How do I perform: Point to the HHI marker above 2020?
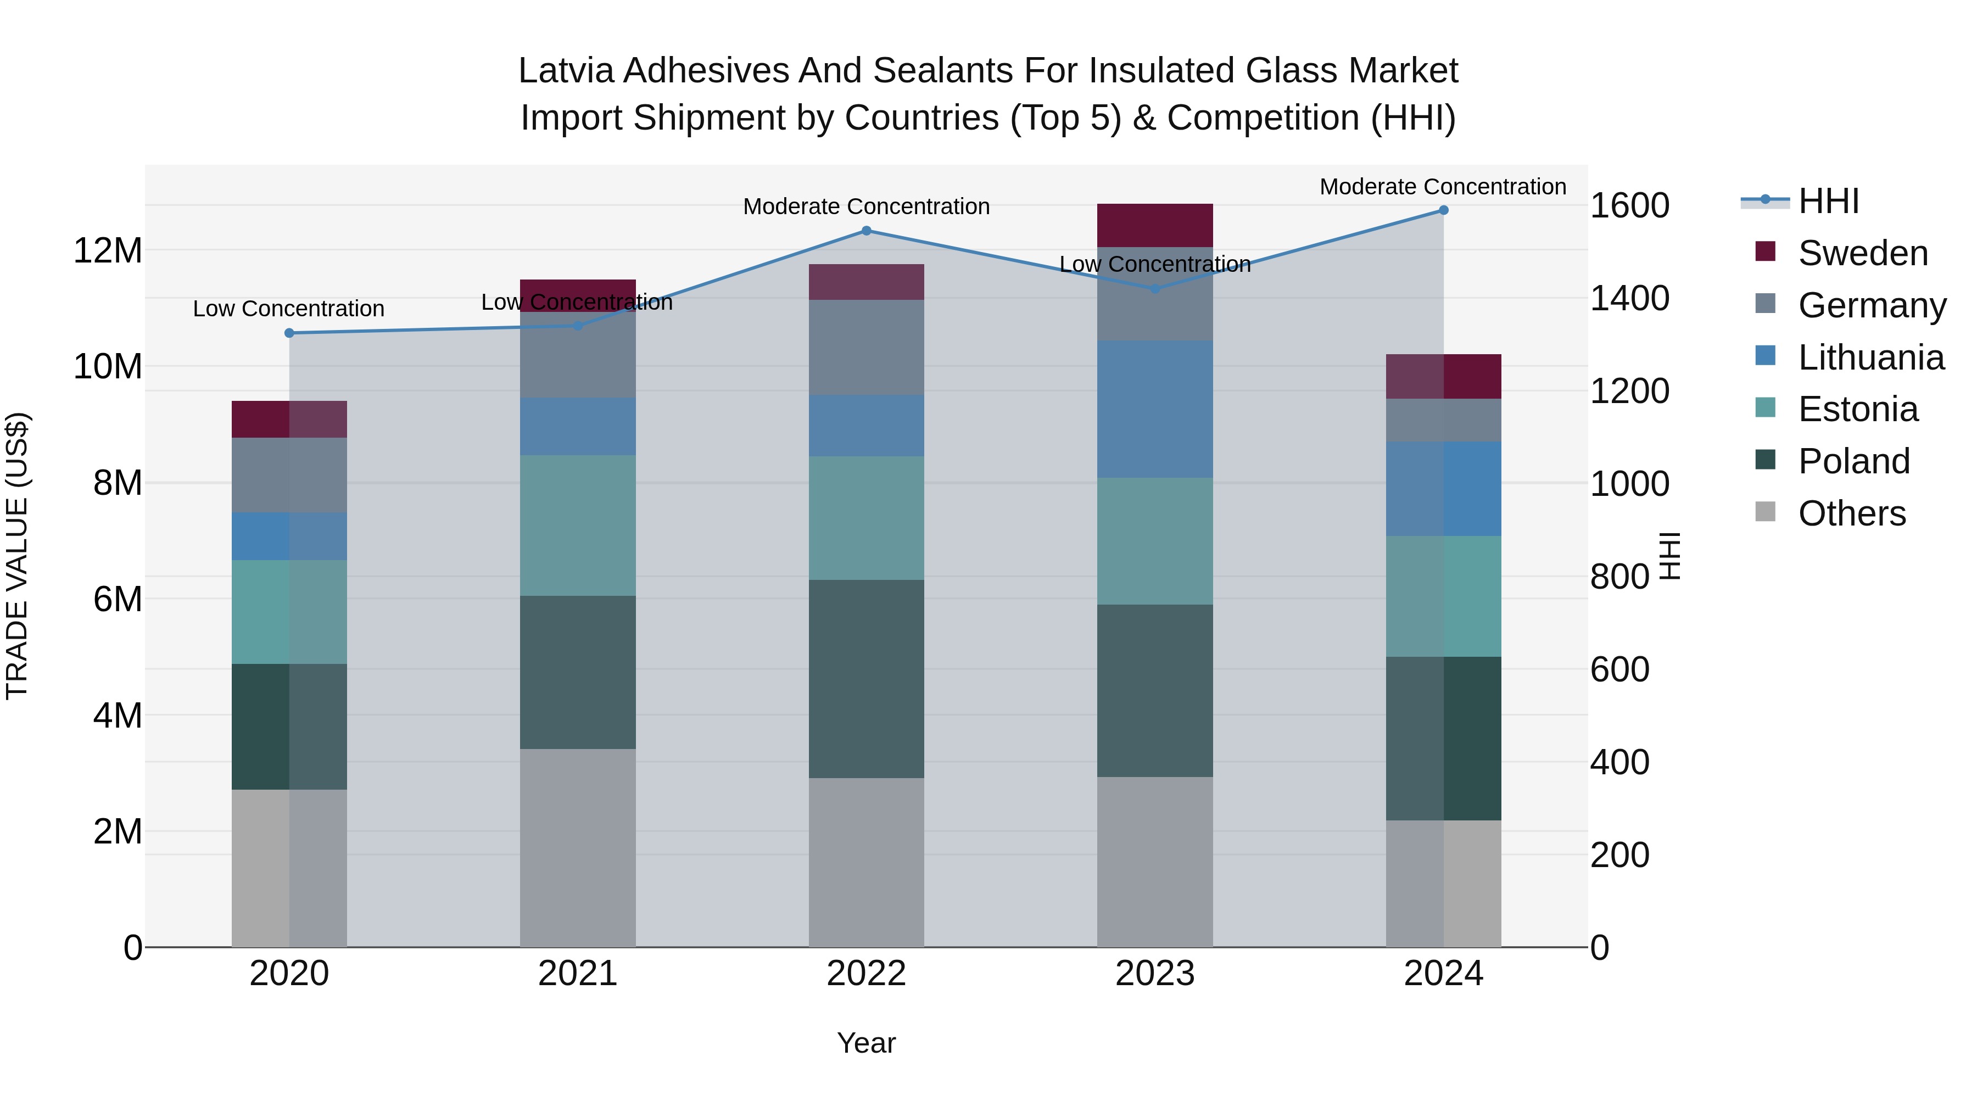pyautogui.click(x=289, y=333)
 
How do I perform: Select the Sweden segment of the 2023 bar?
pyautogui.click(x=1154, y=225)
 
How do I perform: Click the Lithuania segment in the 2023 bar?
pyautogui.click(x=1154, y=409)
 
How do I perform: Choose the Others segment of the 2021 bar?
pyautogui.click(x=577, y=847)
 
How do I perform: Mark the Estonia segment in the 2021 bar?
pyautogui.click(x=577, y=525)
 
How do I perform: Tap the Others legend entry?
pyautogui.click(x=1851, y=513)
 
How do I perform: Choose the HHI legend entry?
pyautogui.click(x=1828, y=201)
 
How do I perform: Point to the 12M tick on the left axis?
pyautogui.click(x=108, y=251)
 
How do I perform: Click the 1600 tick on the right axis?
pyautogui.click(x=1629, y=206)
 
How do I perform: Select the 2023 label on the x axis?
pyautogui.click(x=1154, y=974)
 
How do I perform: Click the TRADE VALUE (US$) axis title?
pyautogui.click(x=17, y=556)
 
